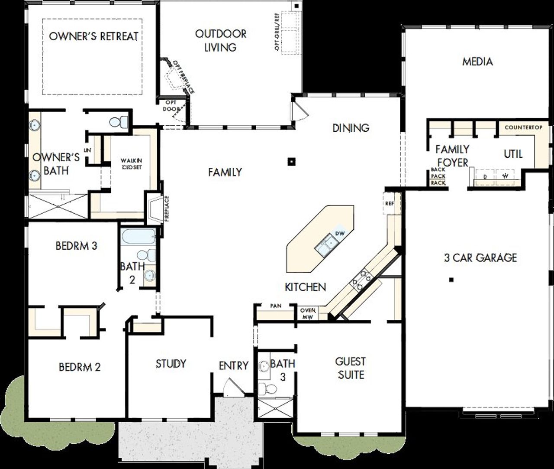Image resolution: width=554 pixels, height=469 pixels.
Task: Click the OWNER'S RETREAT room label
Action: pos(93,36)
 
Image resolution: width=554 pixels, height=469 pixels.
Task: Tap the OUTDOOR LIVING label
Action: pos(220,40)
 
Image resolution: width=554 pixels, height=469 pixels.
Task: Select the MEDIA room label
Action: pos(477,62)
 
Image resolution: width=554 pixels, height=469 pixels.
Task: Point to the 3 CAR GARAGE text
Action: pos(480,258)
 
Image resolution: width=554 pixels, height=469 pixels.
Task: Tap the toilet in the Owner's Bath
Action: pos(118,122)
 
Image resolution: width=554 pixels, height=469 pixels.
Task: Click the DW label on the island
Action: pos(340,234)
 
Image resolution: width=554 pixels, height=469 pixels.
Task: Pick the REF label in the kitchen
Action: pos(390,203)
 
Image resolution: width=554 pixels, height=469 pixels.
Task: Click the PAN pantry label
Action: pos(276,306)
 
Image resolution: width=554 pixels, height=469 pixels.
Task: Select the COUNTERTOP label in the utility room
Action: pos(523,127)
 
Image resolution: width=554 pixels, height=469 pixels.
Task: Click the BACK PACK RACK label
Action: pos(438,176)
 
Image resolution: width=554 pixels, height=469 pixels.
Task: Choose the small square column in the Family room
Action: pos(292,162)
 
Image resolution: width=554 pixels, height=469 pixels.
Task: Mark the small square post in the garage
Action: pos(451,280)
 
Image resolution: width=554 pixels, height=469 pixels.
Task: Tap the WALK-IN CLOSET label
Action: pos(131,164)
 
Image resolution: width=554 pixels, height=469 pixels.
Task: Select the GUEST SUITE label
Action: pos(351,368)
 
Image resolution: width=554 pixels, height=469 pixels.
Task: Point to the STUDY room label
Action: pos(171,364)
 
